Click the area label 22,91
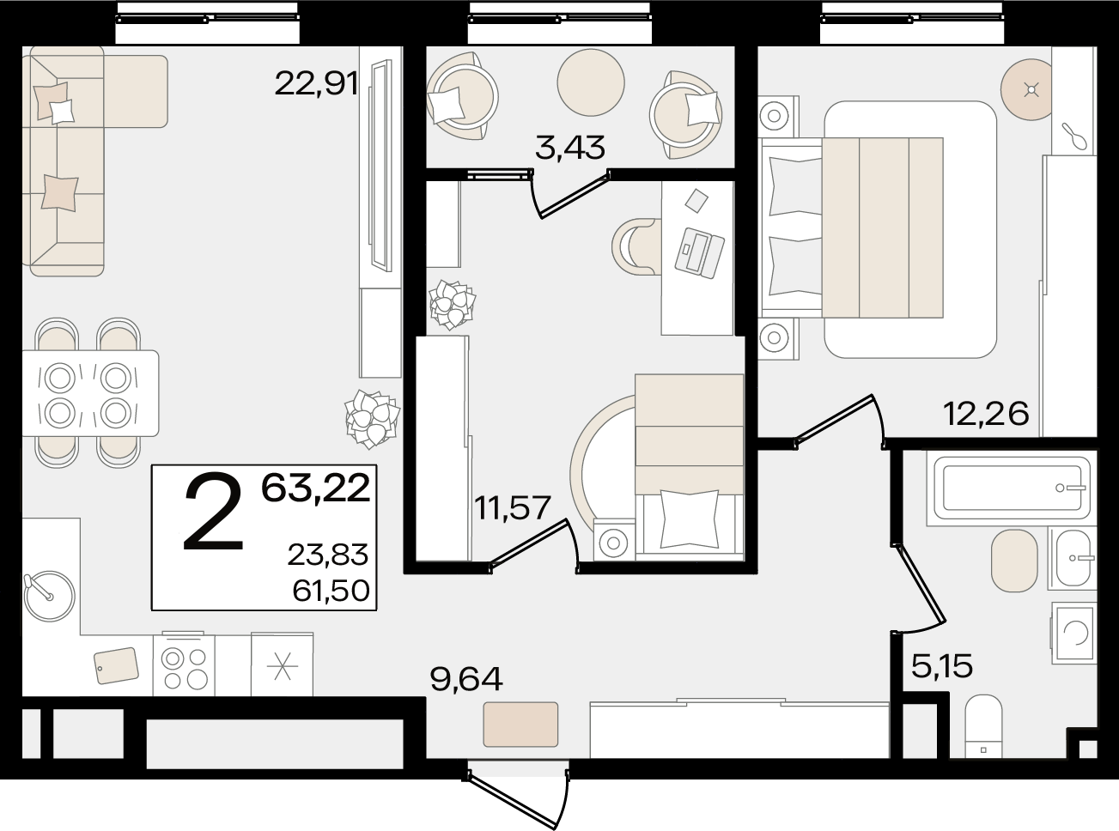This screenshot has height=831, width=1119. tap(316, 83)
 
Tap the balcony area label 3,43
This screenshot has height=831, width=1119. tap(569, 148)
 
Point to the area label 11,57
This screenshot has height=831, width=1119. tap(513, 507)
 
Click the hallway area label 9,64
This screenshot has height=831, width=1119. tap(466, 679)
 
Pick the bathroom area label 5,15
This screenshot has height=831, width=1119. tap(942, 666)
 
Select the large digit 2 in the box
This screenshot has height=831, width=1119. tap(213, 511)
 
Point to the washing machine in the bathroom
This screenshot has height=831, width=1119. tap(1074, 632)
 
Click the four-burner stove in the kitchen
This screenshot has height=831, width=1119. tap(184, 664)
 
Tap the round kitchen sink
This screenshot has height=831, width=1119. tap(50, 596)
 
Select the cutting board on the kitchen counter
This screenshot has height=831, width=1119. tap(117, 665)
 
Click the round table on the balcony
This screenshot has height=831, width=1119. tap(591, 82)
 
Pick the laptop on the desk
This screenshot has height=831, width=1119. tap(699, 252)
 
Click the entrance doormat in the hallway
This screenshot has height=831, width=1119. tap(520, 725)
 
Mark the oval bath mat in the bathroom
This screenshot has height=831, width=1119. tap(1014, 561)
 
